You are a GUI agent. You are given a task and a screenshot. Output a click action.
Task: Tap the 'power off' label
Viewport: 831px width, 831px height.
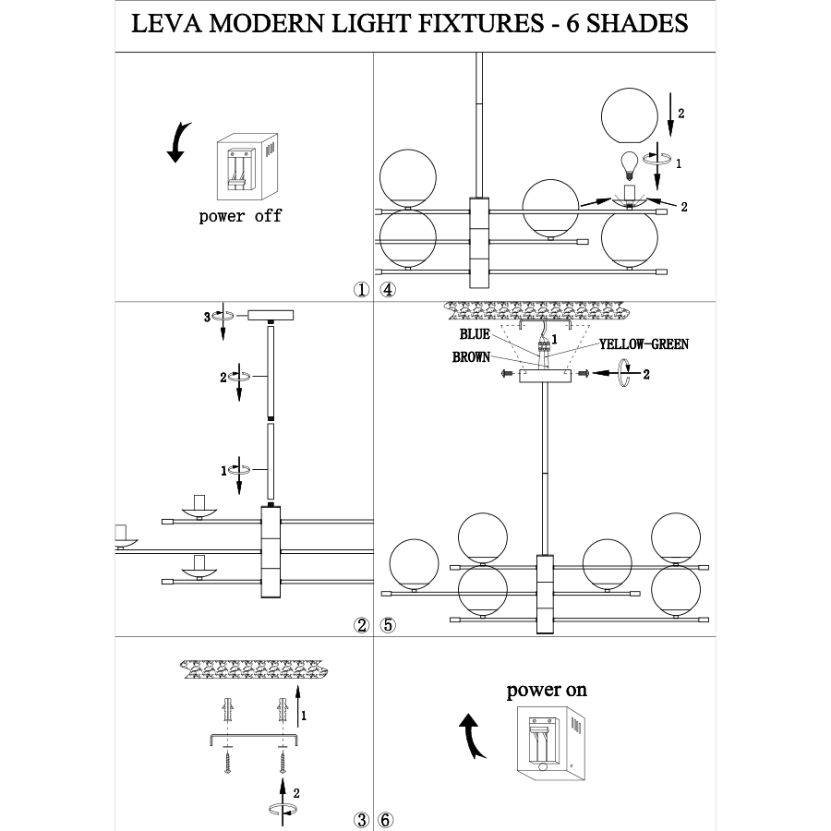240,217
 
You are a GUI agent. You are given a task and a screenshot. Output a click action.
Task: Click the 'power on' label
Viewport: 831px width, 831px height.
546,690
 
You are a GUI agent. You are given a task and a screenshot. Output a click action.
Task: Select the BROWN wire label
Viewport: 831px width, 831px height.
471,356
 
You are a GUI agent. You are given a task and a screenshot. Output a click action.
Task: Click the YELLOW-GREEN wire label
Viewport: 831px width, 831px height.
644,343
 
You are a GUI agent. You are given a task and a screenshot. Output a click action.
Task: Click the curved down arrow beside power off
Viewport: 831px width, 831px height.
179,142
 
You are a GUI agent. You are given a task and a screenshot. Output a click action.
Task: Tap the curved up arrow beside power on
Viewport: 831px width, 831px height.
473,735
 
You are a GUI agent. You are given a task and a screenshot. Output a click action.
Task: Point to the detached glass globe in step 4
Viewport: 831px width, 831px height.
631,114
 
